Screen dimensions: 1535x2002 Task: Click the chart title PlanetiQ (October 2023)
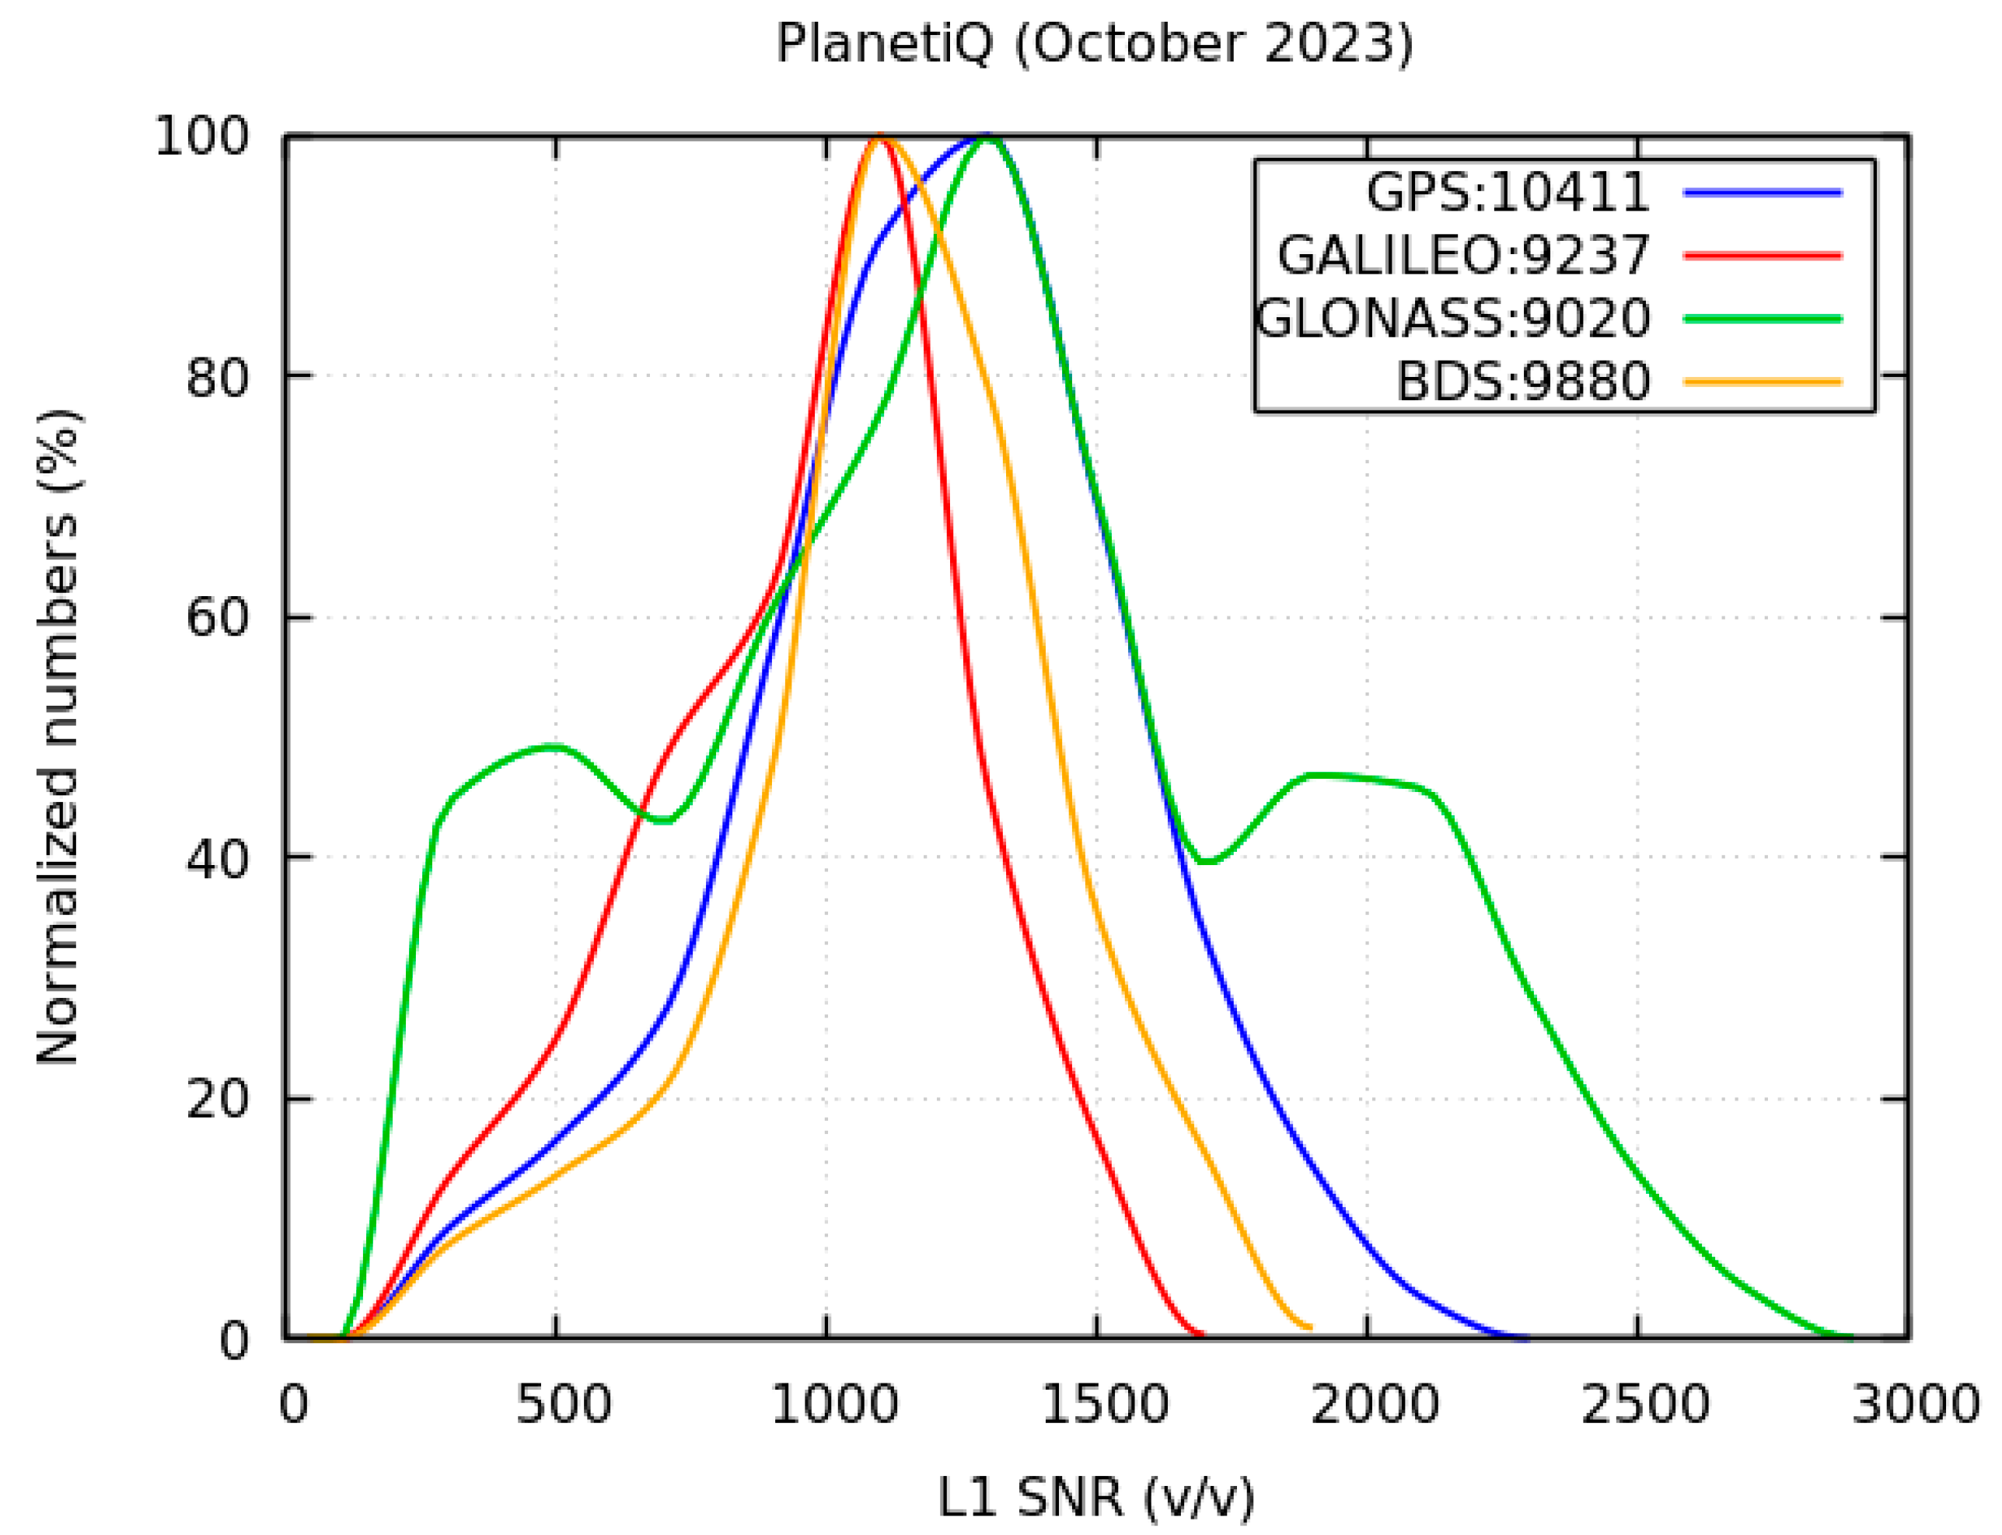[1094, 43]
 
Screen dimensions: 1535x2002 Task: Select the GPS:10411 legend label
[1507, 193]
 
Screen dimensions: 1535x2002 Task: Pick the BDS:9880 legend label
[1522, 382]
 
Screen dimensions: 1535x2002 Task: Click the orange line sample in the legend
[1763, 382]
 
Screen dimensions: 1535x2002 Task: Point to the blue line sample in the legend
[1763, 193]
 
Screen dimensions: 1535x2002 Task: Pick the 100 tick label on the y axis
[202, 137]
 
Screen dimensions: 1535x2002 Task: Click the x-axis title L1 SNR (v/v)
[1095, 1498]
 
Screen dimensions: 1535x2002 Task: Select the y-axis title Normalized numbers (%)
[58, 737]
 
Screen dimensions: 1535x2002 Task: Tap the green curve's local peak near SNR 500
[554, 748]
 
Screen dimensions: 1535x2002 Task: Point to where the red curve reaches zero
[1200, 1334]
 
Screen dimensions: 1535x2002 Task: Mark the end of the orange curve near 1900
[1309, 1327]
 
